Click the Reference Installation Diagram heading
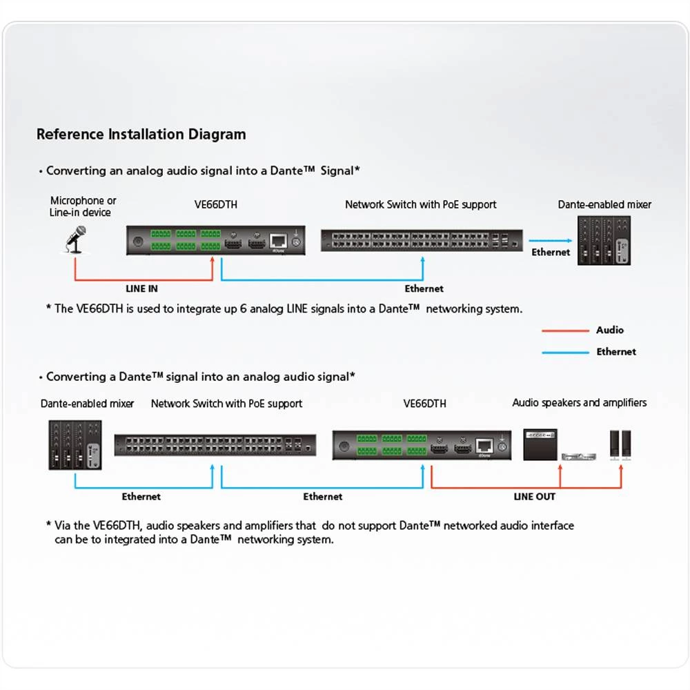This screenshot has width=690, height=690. (x=141, y=134)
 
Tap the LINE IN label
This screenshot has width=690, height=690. (x=141, y=288)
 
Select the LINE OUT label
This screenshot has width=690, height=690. (x=534, y=496)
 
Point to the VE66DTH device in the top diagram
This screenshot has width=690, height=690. (x=216, y=241)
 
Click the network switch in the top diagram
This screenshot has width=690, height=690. (x=422, y=240)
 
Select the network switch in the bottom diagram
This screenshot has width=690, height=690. (x=215, y=445)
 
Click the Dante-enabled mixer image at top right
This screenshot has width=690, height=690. (x=604, y=240)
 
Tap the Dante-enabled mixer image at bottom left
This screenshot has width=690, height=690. (x=75, y=445)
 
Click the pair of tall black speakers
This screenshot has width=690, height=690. (x=620, y=445)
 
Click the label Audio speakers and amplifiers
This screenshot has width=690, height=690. (x=579, y=402)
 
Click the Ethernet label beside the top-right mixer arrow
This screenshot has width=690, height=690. (x=551, y=253)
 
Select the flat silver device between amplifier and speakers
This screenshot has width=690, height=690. (x=578, y=455)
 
